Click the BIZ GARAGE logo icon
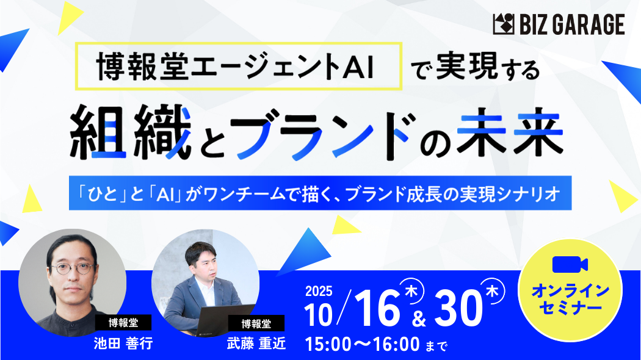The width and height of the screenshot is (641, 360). tap(504, 24)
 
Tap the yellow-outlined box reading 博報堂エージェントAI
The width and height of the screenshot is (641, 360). tap(238, 66)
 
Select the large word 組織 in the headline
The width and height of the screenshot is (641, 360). tap(131, 132)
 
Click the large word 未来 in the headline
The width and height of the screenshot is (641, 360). tap(510, 132)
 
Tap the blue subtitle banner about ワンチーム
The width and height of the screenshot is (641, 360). tap(320, 193)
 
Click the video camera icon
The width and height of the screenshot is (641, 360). tap(570, 265)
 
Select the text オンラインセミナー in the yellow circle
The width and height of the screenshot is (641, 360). tap(570, 299)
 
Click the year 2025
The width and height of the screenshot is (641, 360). tap(319, 291)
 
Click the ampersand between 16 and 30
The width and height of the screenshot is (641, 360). tap(419, 319)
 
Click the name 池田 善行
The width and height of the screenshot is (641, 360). tap(123, 344)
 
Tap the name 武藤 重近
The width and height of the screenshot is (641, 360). tap(256, 344)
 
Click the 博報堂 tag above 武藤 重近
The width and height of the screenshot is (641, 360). tap(256, 324)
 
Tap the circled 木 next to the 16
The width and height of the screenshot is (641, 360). tap(411, 290)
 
